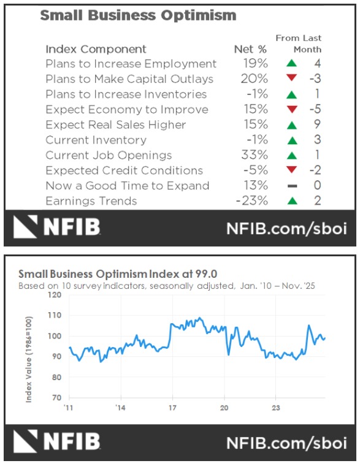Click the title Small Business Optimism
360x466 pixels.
click(x=138, y=15)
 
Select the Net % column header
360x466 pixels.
click(x=250, y=49)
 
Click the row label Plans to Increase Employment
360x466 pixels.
click(x=131, y=64)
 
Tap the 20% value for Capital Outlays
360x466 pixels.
click(x=255, y=79)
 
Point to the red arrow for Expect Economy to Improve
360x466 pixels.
click(x=292, y=110)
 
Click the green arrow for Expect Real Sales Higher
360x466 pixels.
click(x=292, y=125)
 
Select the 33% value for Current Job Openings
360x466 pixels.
click(x=255, y=156)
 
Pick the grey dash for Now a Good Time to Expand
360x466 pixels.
click(x=292, y=186)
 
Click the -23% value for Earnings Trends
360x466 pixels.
click(x=252, y=201)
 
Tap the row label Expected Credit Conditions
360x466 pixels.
click(x=124, y=170)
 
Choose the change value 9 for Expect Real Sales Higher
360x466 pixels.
click(x=317, y=125)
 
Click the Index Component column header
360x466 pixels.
click(x=96, y=49)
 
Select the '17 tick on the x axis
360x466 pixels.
click(x=172, y=407)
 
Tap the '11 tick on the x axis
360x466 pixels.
click(x=69, y=407)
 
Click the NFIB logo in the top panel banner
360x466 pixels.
click(x=57, y=228)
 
